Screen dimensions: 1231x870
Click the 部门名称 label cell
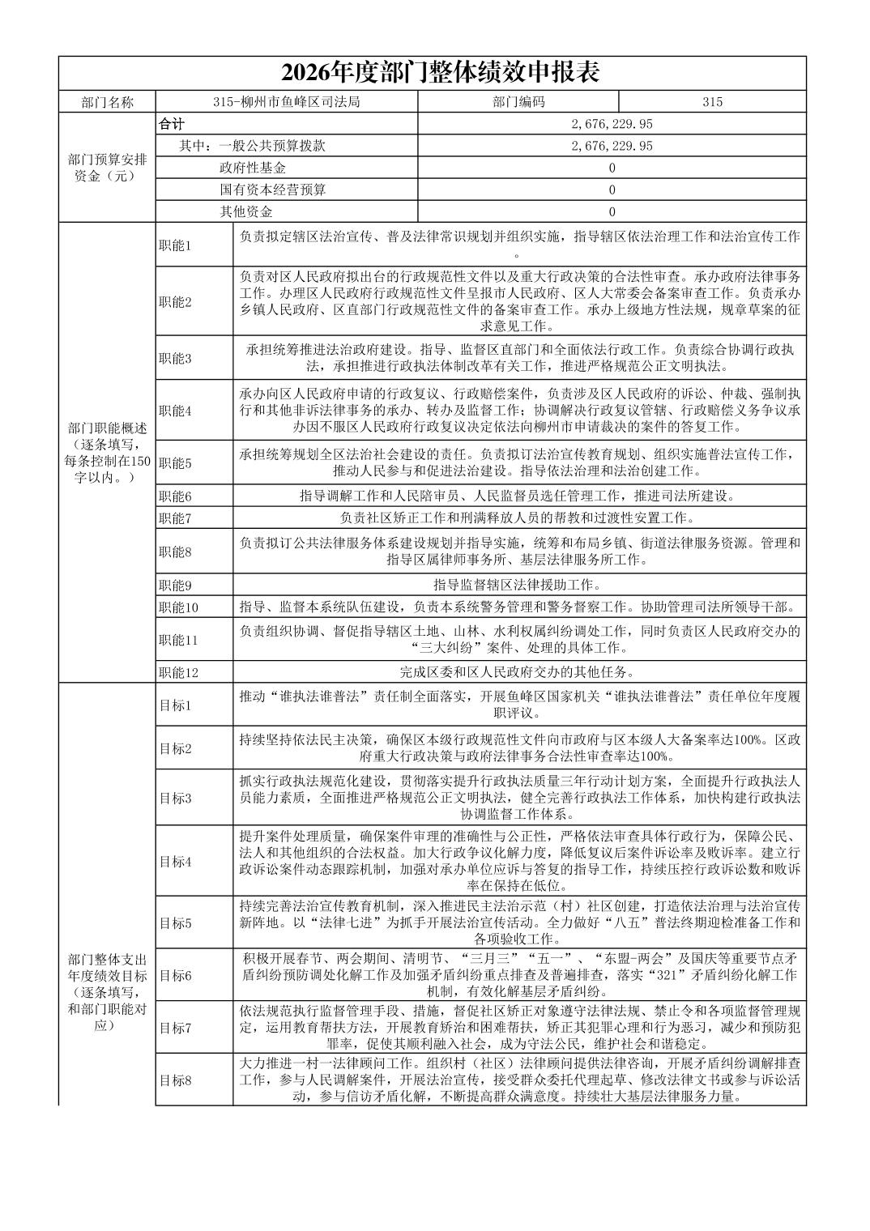point(107,102)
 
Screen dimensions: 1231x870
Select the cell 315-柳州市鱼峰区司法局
point(286,102)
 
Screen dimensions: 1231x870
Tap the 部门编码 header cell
point(518,102)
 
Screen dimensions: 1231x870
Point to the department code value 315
point(712,102)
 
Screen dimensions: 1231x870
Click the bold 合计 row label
point(172,124)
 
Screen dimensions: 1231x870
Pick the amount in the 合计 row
point(612,124)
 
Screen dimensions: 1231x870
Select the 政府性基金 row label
point(253,168)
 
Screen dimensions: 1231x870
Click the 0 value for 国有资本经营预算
point(612,190)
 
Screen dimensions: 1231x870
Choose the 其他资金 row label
point(246,211)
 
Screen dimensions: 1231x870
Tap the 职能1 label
point(175,245)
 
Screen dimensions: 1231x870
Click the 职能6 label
point(175,496)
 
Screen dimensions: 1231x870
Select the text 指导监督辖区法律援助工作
point(518,585)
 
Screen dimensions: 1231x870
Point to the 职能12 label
point(178,672)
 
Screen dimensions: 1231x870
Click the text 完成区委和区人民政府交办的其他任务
point(518,672)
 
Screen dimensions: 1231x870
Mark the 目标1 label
point(175,705)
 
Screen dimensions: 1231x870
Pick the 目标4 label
point(175,862)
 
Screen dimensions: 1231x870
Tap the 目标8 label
point(175,1080)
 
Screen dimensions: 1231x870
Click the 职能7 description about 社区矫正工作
point(518,518)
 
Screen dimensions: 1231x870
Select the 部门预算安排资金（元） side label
point(107,168)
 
